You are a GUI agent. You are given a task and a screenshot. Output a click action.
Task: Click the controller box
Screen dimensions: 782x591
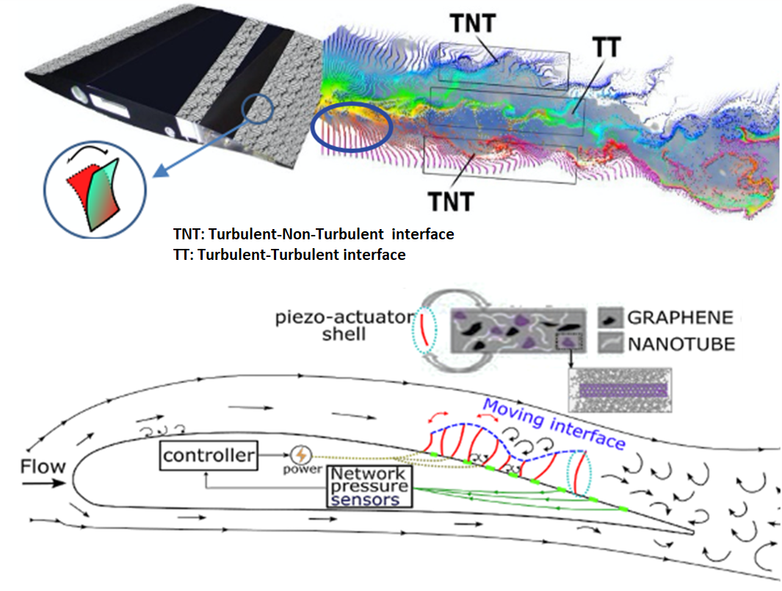(209, 455)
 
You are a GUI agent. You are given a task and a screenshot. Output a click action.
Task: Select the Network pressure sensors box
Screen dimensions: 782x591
(369, 487)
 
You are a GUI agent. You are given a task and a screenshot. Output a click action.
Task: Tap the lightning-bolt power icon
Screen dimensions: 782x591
(301, 455)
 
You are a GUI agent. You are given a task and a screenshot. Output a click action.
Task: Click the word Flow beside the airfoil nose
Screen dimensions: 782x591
(43, 467)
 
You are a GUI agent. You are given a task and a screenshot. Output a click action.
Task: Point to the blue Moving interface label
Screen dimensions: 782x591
(554, 424)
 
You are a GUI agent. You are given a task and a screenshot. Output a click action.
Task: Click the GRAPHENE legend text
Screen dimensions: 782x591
(680, 318)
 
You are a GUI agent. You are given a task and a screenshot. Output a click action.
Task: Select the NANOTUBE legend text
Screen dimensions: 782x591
(681, 344)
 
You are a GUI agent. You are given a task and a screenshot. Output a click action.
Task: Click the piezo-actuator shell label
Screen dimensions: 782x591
(344, 326)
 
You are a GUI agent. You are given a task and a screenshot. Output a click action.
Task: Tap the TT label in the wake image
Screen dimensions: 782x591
(607, 48)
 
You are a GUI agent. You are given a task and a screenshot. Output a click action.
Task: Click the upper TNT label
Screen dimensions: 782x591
(473, 23)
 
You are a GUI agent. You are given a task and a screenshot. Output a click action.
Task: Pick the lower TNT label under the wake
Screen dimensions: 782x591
(451, 202)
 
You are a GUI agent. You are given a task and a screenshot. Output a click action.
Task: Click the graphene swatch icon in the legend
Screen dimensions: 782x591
(610, 318)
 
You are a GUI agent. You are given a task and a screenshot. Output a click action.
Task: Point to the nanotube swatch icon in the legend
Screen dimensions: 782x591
(610, 344)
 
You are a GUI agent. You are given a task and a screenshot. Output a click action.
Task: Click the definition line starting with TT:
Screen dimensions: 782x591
(289, 255)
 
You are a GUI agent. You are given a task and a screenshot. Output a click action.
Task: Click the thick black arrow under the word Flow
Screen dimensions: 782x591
(43, 483)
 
